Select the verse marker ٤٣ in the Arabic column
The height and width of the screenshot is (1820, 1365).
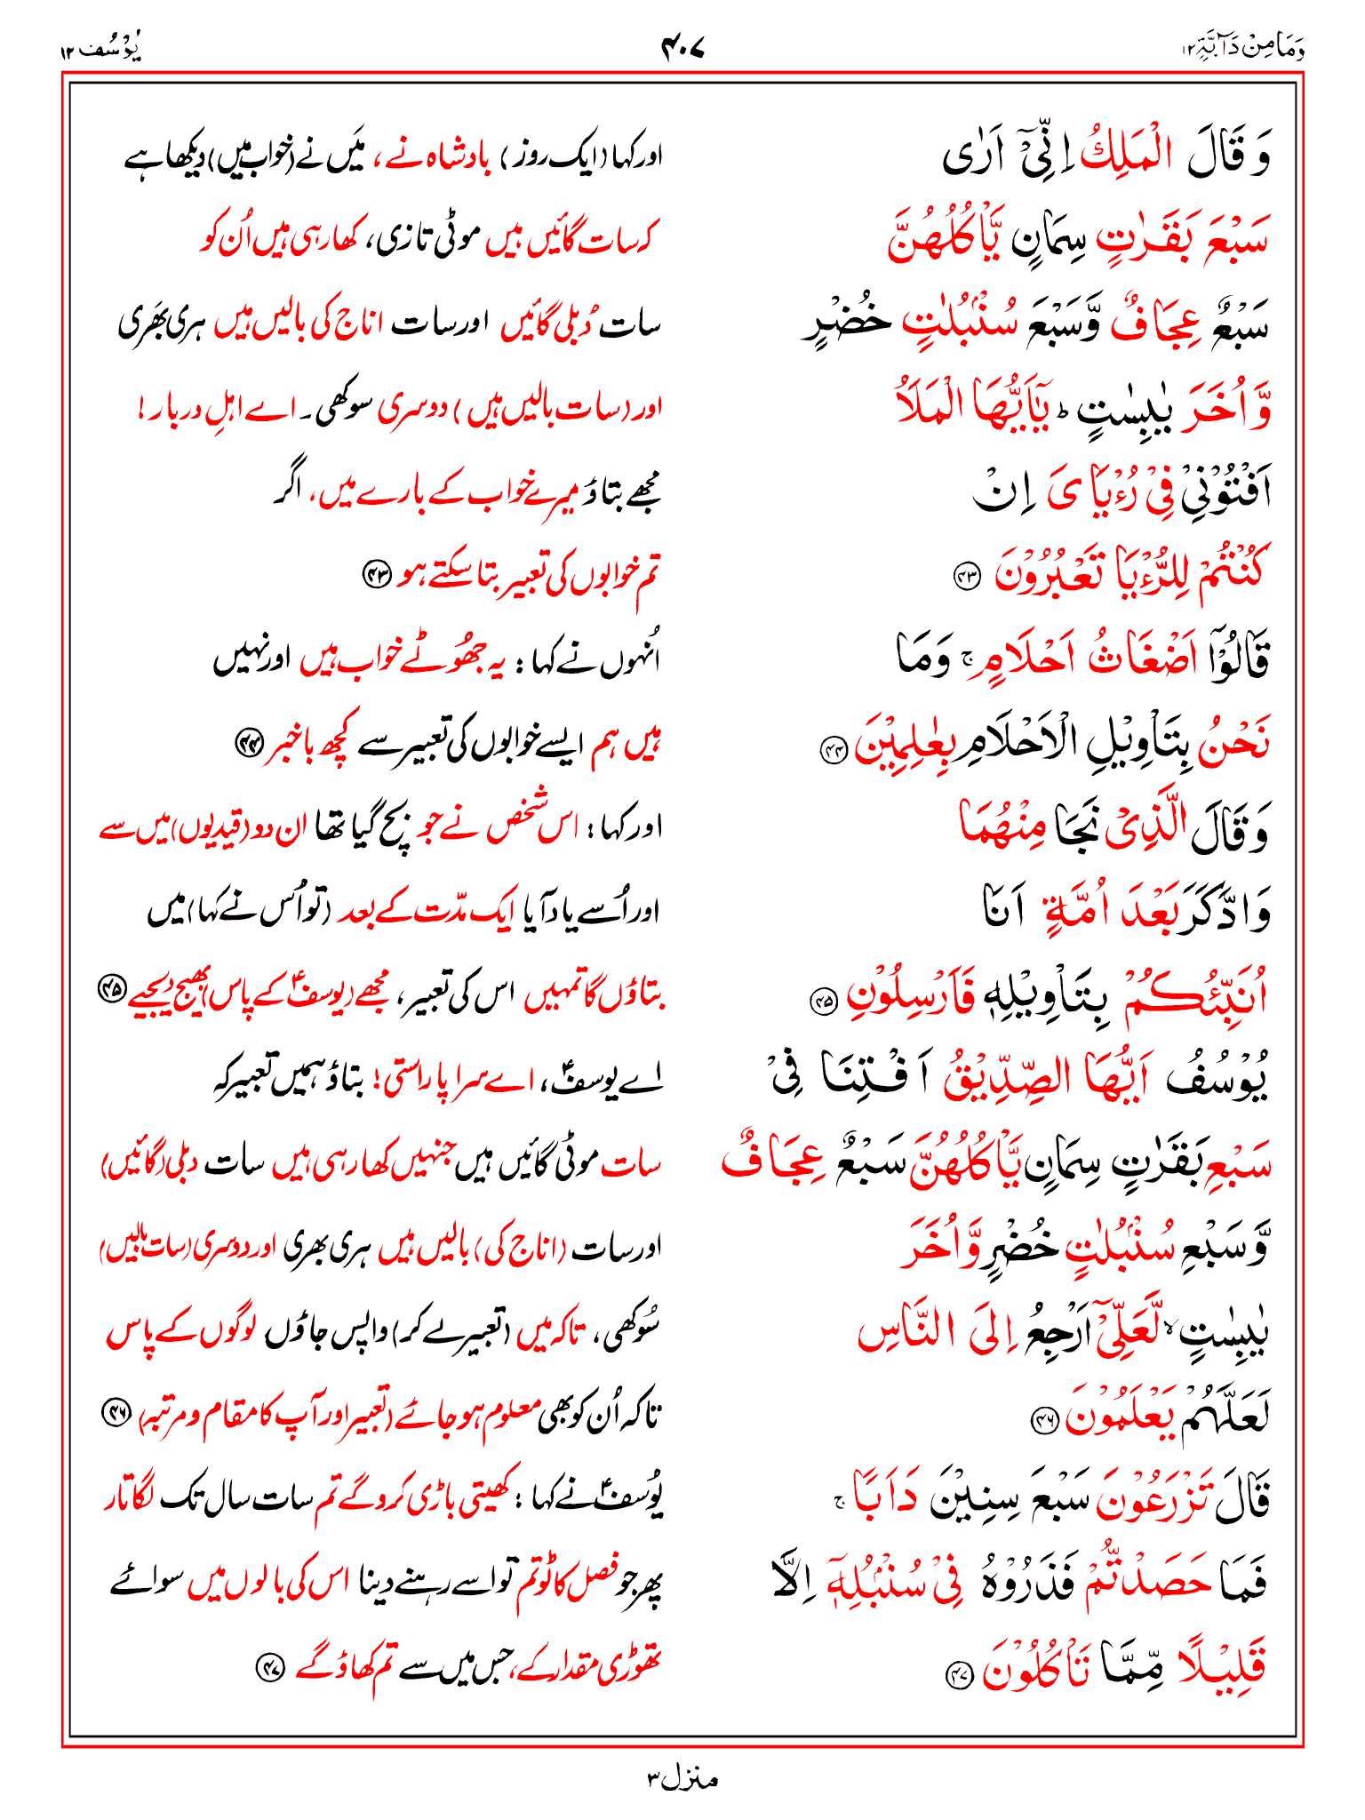pos(965,578)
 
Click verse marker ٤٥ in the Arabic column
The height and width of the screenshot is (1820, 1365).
pos(823,1000)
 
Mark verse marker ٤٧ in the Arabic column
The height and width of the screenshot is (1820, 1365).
pos(962,1676)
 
